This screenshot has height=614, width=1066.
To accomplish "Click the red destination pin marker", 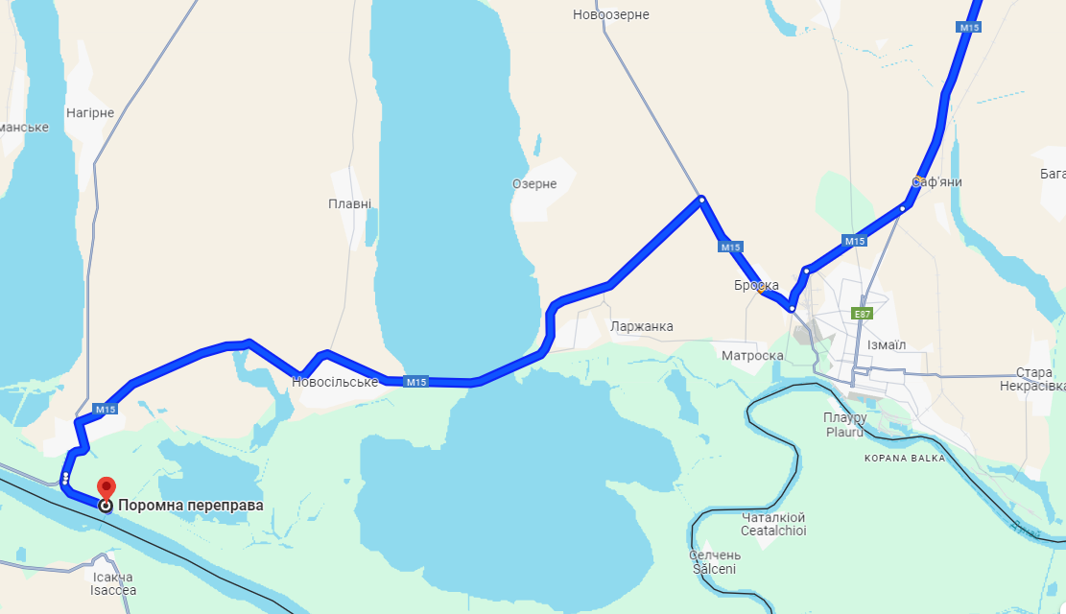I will click(106, 487).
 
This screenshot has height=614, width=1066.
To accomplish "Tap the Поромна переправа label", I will click(190, 506).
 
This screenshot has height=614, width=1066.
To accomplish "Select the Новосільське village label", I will click(335, 382).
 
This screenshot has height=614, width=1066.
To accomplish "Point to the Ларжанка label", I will click(641, 326).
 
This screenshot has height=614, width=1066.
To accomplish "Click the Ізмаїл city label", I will click(886, 344).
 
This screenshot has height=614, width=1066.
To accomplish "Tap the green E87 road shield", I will click(863, 314).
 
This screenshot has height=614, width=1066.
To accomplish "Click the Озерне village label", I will click(534, 183).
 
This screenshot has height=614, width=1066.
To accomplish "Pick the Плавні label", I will click(349, 203).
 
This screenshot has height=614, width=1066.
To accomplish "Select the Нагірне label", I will click(90, 112).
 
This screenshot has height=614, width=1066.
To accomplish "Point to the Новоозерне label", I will click(611, 14).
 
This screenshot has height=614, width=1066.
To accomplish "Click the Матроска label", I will click(753, 356).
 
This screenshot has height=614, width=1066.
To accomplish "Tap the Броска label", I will click(756, 285).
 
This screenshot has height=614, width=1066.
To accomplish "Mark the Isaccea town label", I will click(113, 590).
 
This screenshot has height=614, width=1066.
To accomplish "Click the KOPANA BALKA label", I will click(903, 458).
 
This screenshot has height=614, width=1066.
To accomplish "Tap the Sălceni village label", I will click(714, 569).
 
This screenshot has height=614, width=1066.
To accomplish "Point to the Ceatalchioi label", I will click(773, 531).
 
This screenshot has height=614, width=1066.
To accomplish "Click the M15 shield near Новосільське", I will click(415, 382).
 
